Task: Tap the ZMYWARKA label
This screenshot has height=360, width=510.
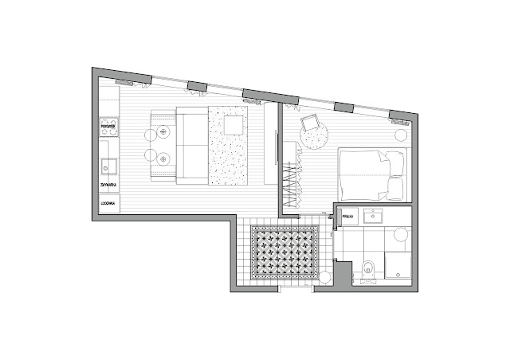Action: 108,185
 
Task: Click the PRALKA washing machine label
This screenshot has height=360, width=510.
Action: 347,216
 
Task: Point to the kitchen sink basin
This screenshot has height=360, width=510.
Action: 107,167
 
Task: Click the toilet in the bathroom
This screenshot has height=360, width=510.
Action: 367,269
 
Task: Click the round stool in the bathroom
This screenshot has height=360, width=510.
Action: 399,236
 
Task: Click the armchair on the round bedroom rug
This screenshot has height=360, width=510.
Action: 310,124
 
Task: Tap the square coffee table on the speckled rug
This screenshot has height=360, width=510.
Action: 233,125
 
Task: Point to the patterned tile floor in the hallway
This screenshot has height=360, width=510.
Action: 284,253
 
